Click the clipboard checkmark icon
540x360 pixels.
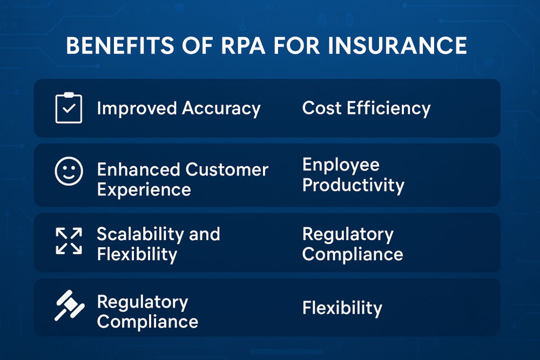pos(69,108)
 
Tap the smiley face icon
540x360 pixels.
pos(69,172)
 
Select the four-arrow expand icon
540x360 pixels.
pos(69,241)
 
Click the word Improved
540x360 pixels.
pos(137,108)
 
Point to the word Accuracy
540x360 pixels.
pos(221,108)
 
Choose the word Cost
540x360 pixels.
pos(321,108)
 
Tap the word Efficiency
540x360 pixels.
pos(388,108)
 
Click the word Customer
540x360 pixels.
pos(226,169)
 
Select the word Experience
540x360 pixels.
pos(144,190)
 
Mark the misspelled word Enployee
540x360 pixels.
pos(341,165)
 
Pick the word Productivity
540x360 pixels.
pos(353,185)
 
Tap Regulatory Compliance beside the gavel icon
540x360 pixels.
pos(147,312)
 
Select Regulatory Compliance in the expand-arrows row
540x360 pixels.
pos(352,244)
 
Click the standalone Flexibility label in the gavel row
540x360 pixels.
pos(342,308)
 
